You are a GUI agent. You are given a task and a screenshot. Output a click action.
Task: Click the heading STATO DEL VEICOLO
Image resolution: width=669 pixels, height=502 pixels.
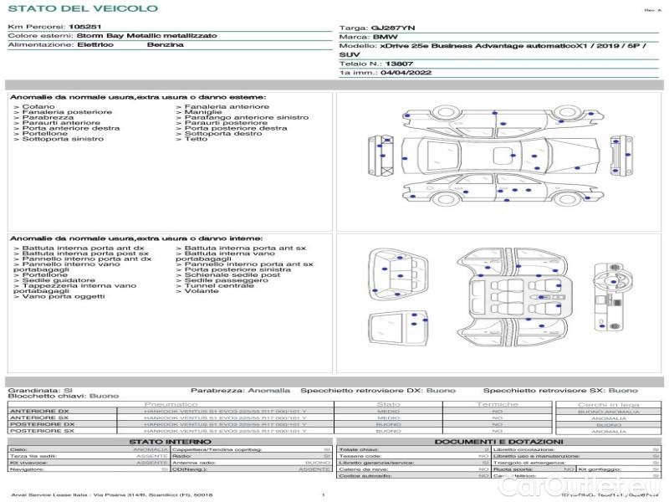pos(82,8)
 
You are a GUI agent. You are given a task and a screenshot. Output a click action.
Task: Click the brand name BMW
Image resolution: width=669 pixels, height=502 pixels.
pos(385,38)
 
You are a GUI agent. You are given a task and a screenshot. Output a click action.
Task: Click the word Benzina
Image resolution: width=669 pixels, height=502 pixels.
pos(165,45)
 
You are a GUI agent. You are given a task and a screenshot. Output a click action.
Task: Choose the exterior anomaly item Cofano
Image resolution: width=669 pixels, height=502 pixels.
pos(39,107)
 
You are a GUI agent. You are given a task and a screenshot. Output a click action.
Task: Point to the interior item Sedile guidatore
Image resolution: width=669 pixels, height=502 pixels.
pos(58,280)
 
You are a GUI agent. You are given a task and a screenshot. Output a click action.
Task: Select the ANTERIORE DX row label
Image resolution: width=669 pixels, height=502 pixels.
pos(39,412)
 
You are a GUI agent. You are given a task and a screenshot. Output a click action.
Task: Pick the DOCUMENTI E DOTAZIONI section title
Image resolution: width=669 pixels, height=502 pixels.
pos(498,442)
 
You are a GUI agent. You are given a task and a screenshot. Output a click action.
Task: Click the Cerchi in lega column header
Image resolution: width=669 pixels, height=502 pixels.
pos(608,404)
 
